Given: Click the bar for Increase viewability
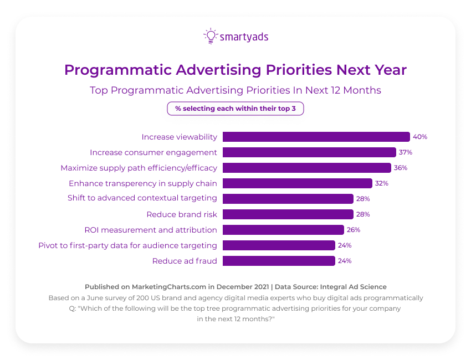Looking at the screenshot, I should click(316, 137).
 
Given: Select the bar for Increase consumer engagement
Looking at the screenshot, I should click(309, 152).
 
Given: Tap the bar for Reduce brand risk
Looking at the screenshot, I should click(288, 214).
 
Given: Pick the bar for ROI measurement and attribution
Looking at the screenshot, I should click(283, 230).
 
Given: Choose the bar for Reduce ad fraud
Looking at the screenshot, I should click(279, 261).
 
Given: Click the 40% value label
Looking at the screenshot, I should click(419, 137).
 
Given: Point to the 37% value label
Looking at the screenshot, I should click(406, 152).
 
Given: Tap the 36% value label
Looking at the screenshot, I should click(401, 168).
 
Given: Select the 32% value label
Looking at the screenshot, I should click(382, 183).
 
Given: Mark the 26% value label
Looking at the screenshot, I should click(354, 230).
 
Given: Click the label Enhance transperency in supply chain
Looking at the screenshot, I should click(142, 183).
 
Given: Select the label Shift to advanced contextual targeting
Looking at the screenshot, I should click(142, 199).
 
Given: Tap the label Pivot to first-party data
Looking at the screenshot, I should click(127, 245).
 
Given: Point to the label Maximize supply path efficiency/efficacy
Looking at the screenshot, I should click(139, 168).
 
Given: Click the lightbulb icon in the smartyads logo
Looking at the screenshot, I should click(211, 36).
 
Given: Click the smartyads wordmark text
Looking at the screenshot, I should click(244, 37).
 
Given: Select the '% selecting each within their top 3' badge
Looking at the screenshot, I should click(235, 109).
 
